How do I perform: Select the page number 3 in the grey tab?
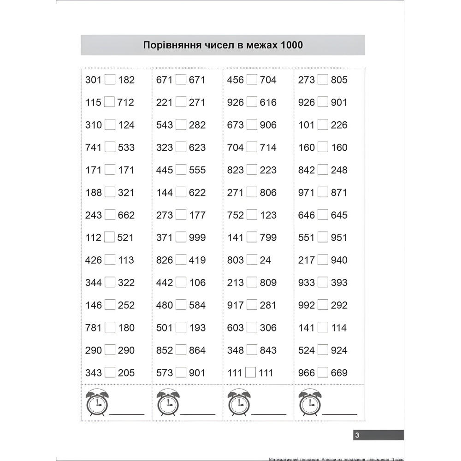357,435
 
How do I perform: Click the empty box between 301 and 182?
110,79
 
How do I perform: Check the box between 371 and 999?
181,237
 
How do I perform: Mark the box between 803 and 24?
252,260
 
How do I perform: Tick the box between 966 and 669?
323,372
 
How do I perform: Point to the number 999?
197,238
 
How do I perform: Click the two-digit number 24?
266,260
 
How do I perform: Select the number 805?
339,80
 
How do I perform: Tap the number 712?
126,102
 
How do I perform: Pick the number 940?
339,260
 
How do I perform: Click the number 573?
165,373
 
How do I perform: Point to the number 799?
268,238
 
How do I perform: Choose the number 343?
94,373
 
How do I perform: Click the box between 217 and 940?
323,260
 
